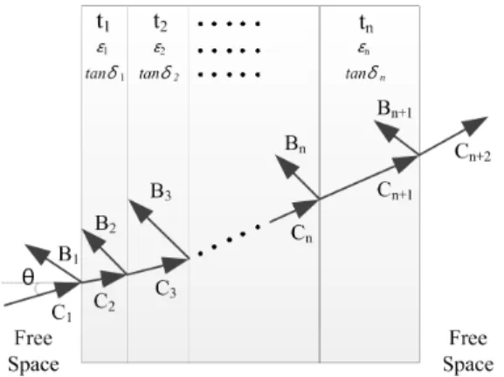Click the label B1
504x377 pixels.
coord(68,255)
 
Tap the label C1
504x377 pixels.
coord(61,312)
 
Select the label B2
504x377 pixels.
coord(106,224)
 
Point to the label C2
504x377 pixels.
coord(104,303)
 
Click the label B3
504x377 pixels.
coord(161,192)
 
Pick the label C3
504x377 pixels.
coord(166,289)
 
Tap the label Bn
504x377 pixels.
coord(295,144)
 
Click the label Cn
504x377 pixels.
coord(301,234)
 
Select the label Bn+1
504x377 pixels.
coord(395,109)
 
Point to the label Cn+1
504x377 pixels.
coord(395,191)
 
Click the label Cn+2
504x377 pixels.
coord(473,152)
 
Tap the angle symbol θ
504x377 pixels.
coord(28,277)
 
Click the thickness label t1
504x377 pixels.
coord(103,23)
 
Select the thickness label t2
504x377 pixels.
coord(161,23)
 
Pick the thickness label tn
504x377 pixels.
coord(366,24)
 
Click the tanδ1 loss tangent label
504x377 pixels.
coord(105,74)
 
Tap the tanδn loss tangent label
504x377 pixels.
coord(365,74)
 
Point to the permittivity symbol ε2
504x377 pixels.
coord(160,49)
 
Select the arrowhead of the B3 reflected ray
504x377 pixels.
coord(139,210)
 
